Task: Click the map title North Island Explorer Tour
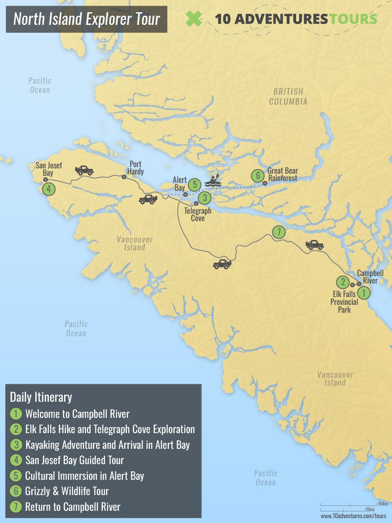pos(86,19)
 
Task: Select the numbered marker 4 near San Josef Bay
pos(49,189)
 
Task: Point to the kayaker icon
pos(214,181)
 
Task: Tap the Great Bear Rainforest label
pos(282,174)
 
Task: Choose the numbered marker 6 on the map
pos(258,176)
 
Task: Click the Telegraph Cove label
pos(198,214)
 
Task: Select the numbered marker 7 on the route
pos(279,232)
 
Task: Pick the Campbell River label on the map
pos(370,277)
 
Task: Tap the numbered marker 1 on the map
pos(364,293)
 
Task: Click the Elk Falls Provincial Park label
pos(344,302)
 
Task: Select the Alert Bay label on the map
pos(179,184)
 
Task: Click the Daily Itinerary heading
pos(41,397)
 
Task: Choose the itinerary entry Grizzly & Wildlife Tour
pos(67,491)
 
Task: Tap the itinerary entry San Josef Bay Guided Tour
pos(75,460)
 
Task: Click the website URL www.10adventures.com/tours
pos(354,516)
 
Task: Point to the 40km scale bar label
pos(383,504)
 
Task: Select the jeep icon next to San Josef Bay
pos(84,170)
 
